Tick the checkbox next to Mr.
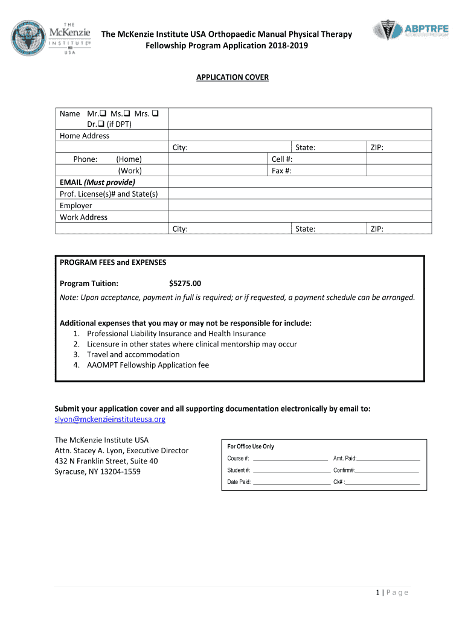tap(104, 113)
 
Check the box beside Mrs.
tap(155, 113)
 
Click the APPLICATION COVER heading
tap(232, 77)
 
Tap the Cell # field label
tap(282, 159)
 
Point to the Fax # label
tap(282, 171)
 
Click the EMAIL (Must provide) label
tap(97, 182)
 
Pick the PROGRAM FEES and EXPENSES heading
tap(113, 263)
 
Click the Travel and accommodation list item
tap(133, 354)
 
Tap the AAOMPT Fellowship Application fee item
tap(148, 365)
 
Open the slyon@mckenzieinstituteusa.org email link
tap(110, 419)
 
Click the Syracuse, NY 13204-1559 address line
tap(98, 471)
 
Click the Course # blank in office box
tap(290, 459)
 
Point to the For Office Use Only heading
tap(251, 447)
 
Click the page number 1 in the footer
tap(377, 593)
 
